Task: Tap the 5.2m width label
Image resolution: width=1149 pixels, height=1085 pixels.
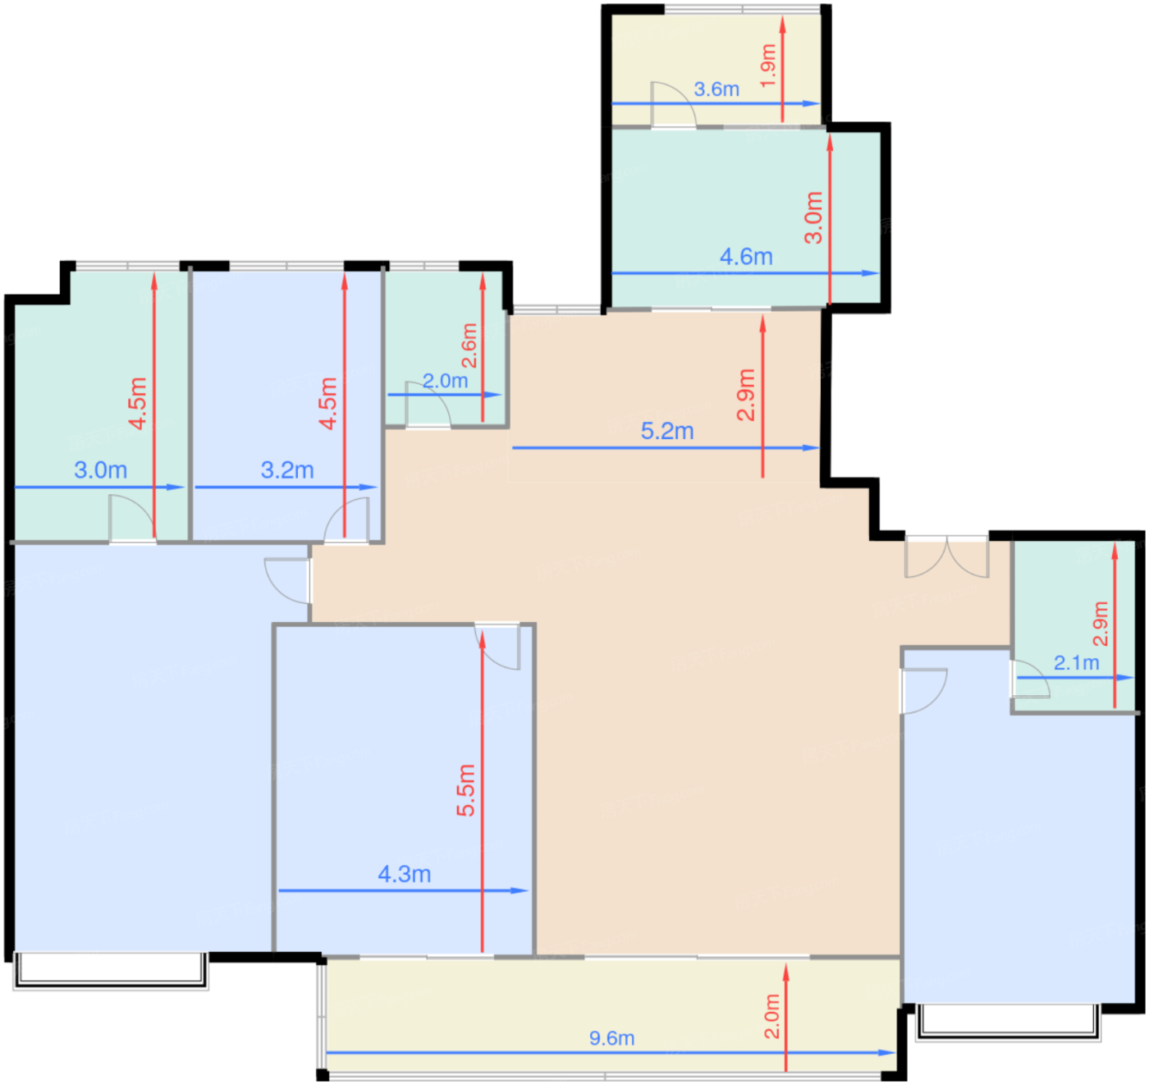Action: [667, 431]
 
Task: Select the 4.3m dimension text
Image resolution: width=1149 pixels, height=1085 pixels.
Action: [405, 874]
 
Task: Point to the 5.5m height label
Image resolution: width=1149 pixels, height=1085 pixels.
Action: [466, 790]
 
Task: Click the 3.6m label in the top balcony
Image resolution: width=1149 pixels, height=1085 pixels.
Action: [716, 89]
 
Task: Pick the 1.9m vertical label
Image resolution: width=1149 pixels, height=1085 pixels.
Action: [767, 66]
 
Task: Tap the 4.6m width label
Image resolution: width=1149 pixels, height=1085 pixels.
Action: [746, 257]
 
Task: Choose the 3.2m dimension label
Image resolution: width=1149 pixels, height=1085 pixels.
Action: [287, 470]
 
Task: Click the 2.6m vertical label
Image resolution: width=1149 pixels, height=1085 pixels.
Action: [469, 346]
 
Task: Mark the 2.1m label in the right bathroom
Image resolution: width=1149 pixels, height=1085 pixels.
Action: [1077, 662]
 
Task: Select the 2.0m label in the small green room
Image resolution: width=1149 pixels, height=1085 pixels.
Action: [446, 381]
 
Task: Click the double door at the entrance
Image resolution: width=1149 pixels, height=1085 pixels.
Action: [946, 558]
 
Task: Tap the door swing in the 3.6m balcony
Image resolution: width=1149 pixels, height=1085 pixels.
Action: [674, 104]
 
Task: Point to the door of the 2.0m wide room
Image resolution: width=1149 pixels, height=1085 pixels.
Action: [428, 405]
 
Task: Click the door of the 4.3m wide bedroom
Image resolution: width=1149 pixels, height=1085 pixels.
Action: [497, 647]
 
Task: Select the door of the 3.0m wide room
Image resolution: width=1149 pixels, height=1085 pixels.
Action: [132, 519]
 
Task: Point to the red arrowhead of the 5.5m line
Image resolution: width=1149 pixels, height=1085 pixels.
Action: [483, 639]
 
